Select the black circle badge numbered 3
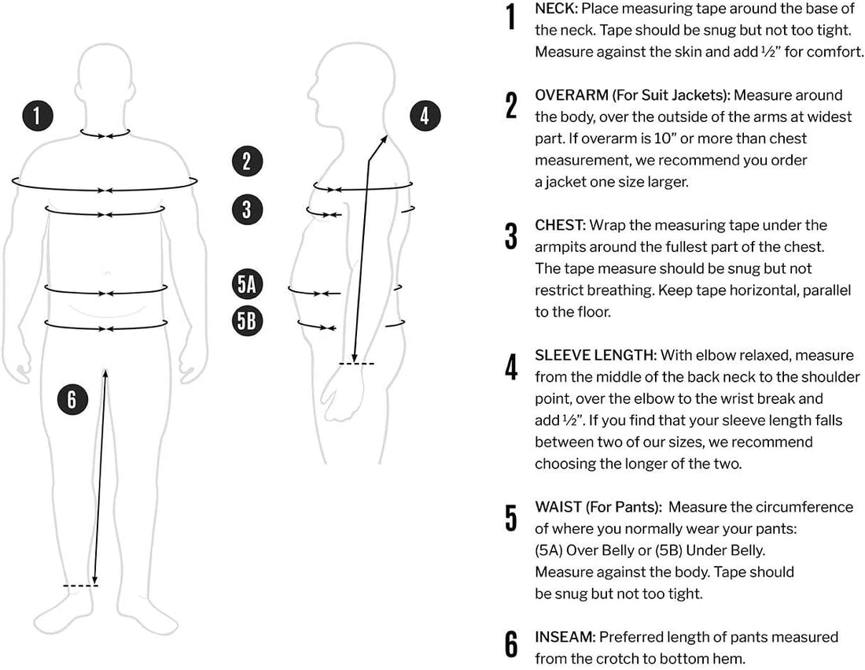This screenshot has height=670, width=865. [x=247, y=209]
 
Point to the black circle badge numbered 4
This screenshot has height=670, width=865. [x=425, y=117]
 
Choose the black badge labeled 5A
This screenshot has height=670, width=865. [x=247, y=283]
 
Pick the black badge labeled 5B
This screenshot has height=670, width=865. [x=247, y=320]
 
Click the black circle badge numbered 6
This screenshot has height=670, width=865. [x=72, y=399]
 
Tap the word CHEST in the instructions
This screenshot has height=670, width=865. [x=558, y=225]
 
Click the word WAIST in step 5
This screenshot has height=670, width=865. [x=556, y=507]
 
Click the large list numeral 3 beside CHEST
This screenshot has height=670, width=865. [x=512, y=235]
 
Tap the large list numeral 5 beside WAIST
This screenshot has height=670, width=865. [x=512, y=517]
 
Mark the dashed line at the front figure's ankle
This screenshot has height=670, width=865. [x=80, y=586]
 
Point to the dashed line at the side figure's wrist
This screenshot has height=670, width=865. [x=357, y=363]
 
